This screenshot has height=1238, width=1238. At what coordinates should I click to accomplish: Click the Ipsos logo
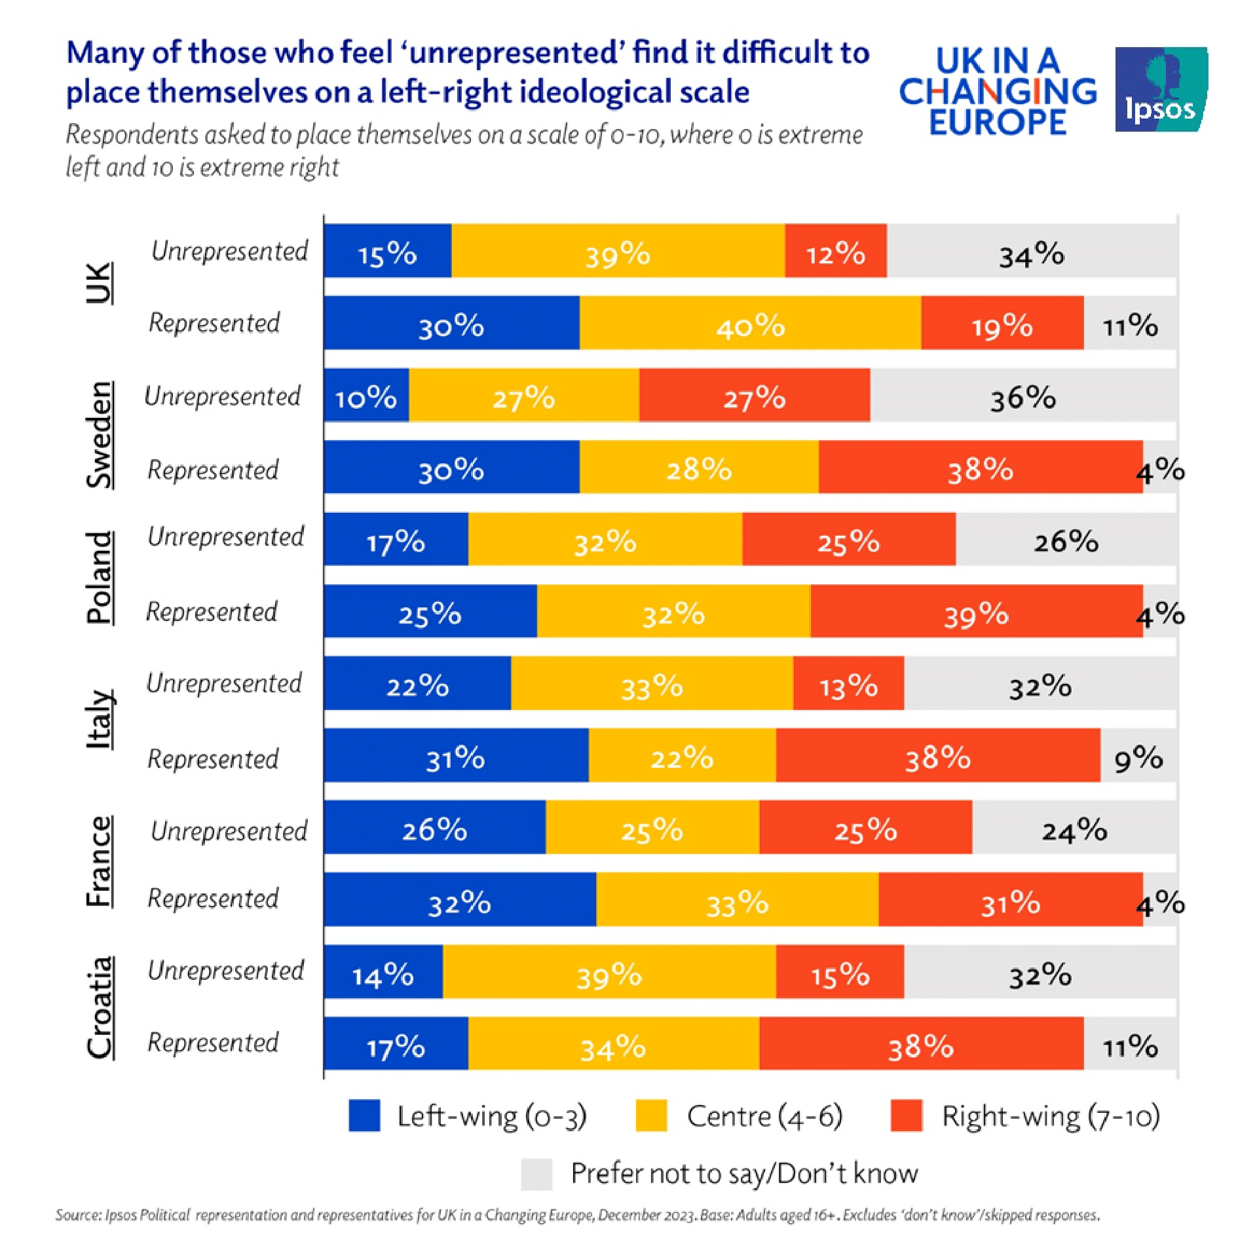click(x=1160, y=90)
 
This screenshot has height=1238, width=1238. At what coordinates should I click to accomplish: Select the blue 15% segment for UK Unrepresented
click(x=387, y=252)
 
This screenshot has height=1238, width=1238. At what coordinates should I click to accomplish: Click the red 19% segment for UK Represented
click(x=1002, y=324)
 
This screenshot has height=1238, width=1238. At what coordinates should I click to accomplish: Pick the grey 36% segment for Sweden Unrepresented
click(x=1023, y=396)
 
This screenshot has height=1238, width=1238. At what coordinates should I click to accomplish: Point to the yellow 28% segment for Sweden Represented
click(x=698, y=468)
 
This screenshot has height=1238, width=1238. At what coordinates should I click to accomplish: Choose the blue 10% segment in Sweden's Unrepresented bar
click(x=366, y=396)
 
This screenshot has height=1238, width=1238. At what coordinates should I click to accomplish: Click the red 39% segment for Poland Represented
click(x=976, y=612)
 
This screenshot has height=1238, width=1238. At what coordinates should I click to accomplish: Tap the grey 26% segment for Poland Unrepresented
click(x=1066, y=540)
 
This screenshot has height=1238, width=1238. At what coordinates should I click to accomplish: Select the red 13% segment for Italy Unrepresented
click(x=848, y=684)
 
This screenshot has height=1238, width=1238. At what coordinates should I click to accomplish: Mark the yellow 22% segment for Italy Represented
click(x=682, y=756)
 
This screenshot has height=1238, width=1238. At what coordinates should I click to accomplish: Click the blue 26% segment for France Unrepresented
click(x=434, y=828)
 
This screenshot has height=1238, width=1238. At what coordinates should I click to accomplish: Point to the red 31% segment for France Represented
click(x=1010, y=900)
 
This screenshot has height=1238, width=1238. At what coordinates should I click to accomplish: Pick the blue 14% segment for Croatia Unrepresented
click(x=383, y=972)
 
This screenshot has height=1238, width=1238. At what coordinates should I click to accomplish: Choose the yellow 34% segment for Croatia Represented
click(x=613, y=1044)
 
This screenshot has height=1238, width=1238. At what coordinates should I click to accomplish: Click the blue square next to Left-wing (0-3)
click(x=364, y=1116)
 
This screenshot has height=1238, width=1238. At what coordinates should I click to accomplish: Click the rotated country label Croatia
click(x=100, y=1007)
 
